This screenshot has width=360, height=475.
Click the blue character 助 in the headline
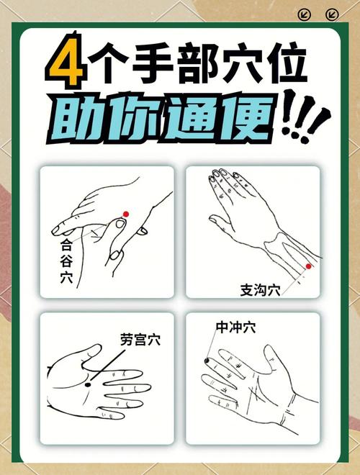tap(81, 115)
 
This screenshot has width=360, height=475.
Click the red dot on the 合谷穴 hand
tap(125, 214)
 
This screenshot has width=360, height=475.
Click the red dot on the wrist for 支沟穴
tap(308, 266)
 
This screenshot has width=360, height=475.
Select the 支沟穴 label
tap(260, 290)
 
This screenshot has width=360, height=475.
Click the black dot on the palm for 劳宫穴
tap(88, 385)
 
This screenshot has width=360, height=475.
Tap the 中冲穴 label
tap(235, 327)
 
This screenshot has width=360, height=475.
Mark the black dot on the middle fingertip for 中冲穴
tap(207, 360)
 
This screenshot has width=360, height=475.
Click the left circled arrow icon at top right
tap(305, 14)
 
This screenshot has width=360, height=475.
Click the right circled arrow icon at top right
tap(331, 14)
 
